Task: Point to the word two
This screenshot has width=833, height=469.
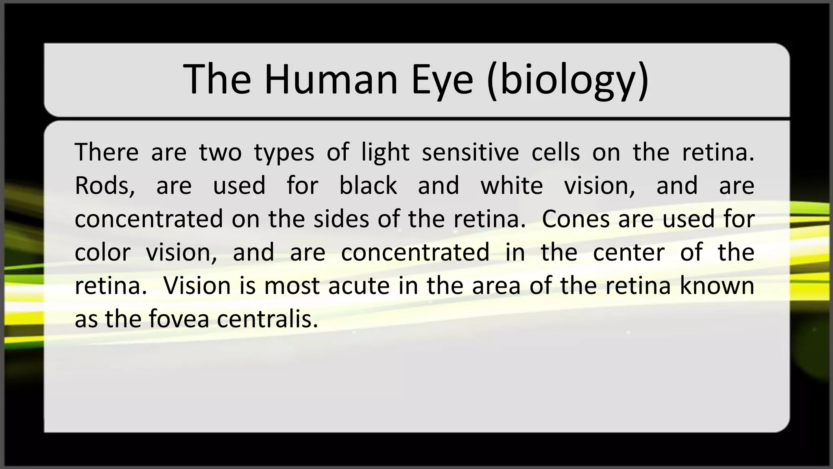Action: point(220,153)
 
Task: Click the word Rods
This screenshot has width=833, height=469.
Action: point(105,186)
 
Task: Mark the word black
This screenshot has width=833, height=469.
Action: point(368,186)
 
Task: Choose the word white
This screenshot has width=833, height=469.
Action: point(511,186)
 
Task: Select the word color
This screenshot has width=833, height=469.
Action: point(102,252)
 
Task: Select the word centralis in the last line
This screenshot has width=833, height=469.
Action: point(267,319)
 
